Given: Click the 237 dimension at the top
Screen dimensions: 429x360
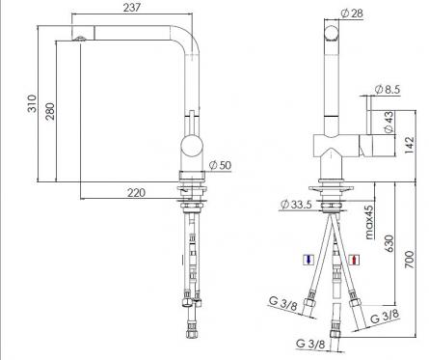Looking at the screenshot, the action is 132,7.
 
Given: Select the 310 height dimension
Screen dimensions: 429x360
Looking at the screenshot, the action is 32,103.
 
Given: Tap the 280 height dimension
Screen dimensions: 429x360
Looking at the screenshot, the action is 50,111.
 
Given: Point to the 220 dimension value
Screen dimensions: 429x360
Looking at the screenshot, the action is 136,193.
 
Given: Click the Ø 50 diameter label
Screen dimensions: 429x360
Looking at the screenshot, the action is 220,165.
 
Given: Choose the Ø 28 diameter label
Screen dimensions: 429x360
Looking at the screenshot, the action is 352,14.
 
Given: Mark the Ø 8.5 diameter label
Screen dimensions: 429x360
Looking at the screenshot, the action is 388,89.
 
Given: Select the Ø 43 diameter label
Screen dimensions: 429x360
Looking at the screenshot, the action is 389,122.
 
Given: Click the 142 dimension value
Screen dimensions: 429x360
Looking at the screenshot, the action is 409,145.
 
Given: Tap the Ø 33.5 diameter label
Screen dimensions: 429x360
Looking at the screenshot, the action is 296,204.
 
